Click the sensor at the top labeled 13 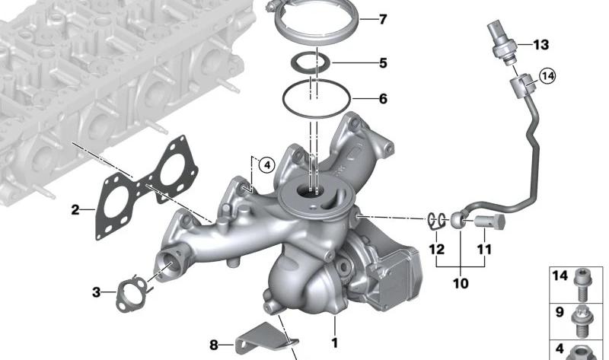501,43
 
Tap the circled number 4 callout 267,166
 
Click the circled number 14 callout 548,76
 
